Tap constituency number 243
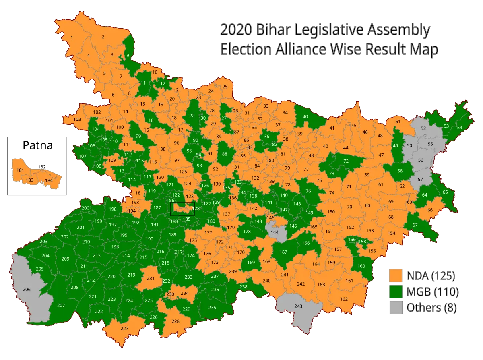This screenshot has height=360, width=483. tap(298, 306)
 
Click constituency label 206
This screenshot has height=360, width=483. tap(27, 290)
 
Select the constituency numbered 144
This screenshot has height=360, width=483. tap(275, 233)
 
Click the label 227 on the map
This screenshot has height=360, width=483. tap(124, 329)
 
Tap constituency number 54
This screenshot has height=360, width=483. tap(460, 128)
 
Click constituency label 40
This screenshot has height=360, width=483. tap(305, 116)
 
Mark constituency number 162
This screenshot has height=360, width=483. tap(344, 299)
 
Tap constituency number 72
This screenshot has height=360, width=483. tap(346, 161)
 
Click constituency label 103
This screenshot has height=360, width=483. tap(77, 119)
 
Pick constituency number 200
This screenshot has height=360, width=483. tap(85, 208)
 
